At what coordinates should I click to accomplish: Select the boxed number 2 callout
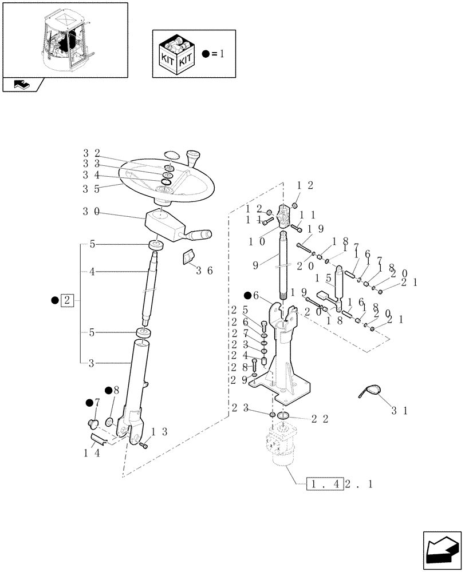tap(67, 300)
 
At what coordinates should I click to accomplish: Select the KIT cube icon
tap(175, 54)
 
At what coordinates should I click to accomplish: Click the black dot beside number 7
tap(89, 403)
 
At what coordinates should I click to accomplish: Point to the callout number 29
tap(239, 379)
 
